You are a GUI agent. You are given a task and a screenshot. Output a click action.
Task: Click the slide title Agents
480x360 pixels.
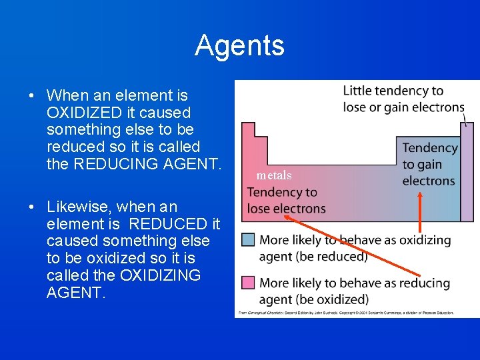[239, 46]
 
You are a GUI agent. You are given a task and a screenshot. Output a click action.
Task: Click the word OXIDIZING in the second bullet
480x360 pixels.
[158, 275]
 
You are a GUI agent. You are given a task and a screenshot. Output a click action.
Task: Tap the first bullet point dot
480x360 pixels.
[32, 95]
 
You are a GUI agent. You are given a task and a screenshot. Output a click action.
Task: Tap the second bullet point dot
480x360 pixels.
[32, 207]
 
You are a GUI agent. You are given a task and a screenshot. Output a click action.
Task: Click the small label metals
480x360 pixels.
[274, 175]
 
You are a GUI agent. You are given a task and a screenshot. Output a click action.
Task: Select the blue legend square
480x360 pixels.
[248, 239]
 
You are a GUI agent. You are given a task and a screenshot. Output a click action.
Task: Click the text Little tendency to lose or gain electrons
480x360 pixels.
[403, 99]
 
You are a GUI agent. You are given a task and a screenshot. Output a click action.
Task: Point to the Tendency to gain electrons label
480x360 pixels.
[429, 164]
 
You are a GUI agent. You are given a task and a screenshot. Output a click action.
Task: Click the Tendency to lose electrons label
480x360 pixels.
[286, 200]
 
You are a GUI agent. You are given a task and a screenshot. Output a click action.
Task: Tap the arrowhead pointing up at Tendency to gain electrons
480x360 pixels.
[421, 195]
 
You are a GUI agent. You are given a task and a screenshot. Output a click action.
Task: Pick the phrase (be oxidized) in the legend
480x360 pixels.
[333, 299]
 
